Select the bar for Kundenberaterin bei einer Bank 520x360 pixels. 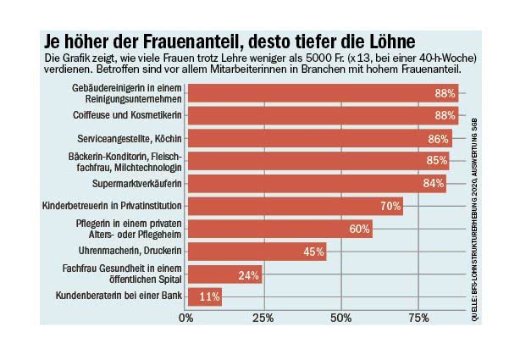coord(204,296)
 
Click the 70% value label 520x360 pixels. coord(390,206)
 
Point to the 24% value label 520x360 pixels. coord(248,274)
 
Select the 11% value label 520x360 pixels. coord(209,296)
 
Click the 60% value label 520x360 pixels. coord(359,229)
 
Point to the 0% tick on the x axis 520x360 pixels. coord(187,318)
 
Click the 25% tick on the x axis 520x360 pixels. coord(264,318)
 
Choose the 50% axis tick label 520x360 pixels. coord(341,318)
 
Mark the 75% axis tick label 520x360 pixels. coord(418,318)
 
